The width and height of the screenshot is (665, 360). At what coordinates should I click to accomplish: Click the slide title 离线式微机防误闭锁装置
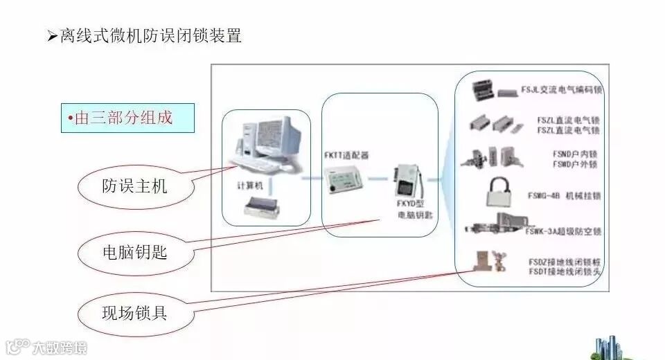pos(150,36)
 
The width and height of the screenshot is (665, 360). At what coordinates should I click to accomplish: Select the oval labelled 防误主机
pos(134,186)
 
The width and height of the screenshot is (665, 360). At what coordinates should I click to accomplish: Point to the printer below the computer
pos(267,206)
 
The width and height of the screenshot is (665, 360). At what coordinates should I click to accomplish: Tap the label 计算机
pos(249,186)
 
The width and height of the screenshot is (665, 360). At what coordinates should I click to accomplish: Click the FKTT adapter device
pos(344,182)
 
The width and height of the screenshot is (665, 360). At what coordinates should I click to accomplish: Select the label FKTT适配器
pos(346,155)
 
